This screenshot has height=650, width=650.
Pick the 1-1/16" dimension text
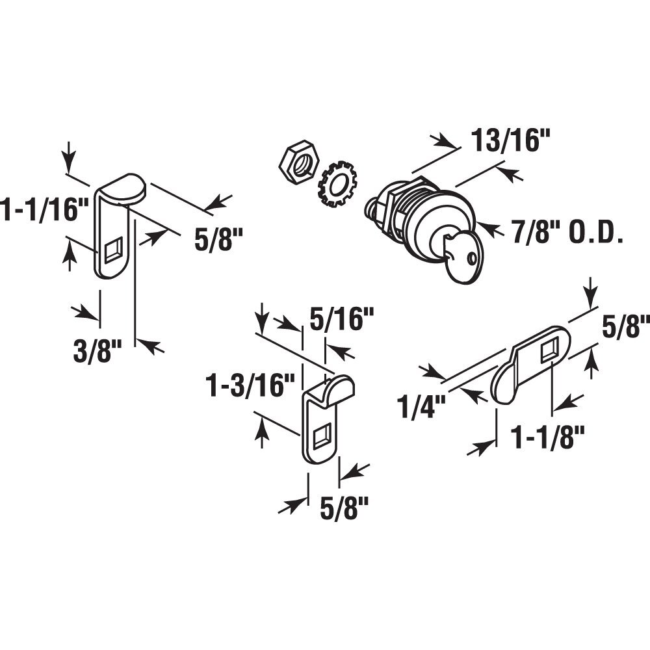pyautogui.click(x=44, y=210)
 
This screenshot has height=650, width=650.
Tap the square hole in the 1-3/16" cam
pyautogui.click(x=322, y=435)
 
